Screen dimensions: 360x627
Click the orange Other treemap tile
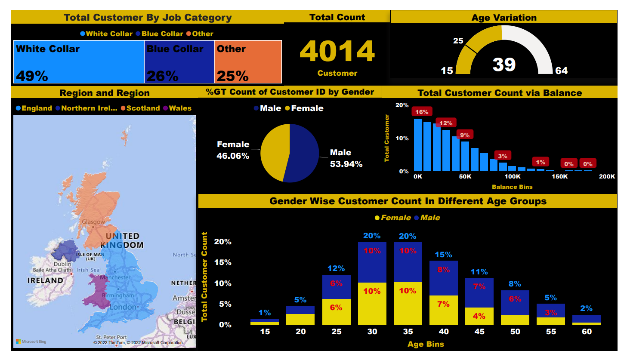[248, 62]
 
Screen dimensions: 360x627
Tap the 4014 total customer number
[337, 51]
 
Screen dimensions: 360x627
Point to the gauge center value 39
[504, 65]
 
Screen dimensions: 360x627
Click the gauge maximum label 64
[561, 71]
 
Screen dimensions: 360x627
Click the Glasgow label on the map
[93, 222]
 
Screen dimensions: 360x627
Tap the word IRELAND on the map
[45, 280]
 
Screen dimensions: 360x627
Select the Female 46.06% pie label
[233, 150]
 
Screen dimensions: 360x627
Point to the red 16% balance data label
[422, 112]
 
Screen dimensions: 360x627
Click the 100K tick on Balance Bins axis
[512, 176]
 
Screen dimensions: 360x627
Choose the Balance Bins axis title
[512, 187]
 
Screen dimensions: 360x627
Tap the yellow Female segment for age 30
[372, 303]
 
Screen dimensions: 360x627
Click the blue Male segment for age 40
[443, 278]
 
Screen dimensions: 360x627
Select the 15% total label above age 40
[443, 255]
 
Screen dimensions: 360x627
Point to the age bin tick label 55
[551, 332]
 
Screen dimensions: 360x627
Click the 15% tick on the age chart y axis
[222, 262]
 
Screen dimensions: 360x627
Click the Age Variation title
[504, 18]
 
